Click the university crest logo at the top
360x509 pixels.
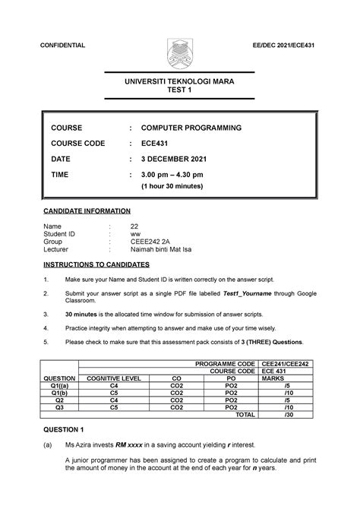180,47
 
